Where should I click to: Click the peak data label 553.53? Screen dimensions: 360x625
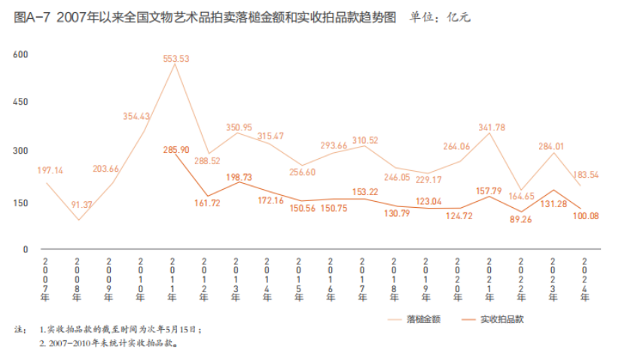click(175, 59)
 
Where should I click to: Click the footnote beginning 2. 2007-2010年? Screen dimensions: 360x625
click(108, 343)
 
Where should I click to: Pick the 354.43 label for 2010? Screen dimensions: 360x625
click(137, 117)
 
